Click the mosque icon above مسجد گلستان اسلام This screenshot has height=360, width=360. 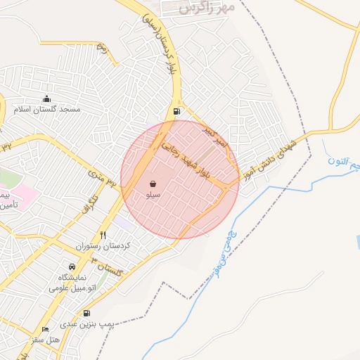(47, 98)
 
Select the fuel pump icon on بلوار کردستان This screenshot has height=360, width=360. (175, 110)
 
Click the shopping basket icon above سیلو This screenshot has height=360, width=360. (153, 182)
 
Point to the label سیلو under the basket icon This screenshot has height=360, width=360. (153, 193)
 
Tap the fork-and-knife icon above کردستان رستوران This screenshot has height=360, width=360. (103, 235)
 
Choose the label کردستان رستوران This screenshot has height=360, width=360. (104, 247)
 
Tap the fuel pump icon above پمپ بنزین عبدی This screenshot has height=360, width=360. (86, 313)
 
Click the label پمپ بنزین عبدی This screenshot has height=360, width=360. (86, 324)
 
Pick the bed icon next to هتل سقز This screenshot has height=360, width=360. (46, 329)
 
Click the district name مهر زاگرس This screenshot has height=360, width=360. (205, 8)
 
